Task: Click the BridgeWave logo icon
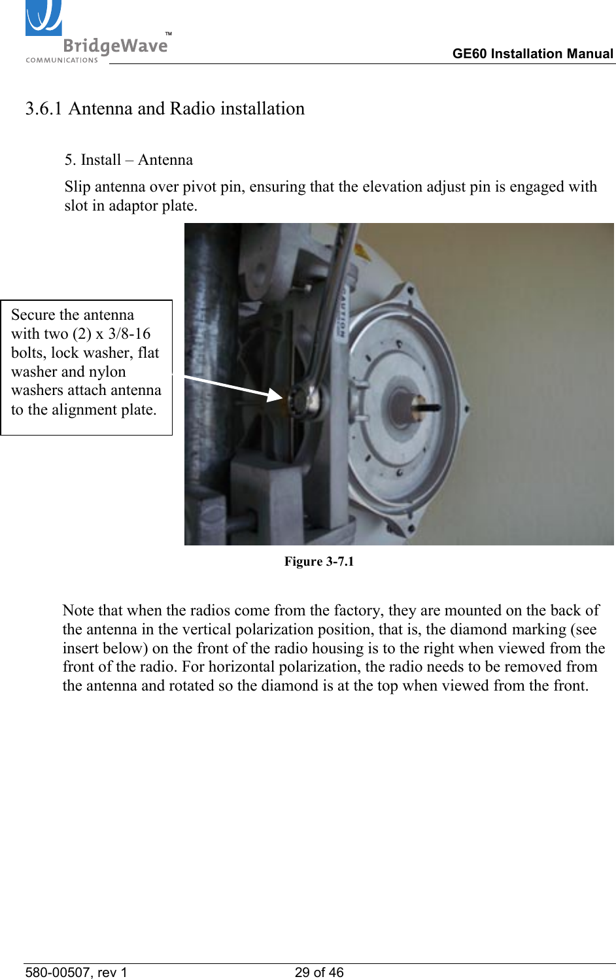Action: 44,18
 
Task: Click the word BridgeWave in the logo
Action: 115,46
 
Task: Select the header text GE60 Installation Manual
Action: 532,54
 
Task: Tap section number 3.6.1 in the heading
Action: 44,109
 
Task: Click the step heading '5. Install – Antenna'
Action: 128,160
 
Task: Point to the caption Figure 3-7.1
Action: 318,562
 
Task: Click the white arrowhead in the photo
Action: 274,394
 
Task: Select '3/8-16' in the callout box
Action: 129,334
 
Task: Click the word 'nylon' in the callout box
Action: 107,372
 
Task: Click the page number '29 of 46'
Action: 318,972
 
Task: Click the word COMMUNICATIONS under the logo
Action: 61,60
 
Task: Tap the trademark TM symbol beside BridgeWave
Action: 168,33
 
